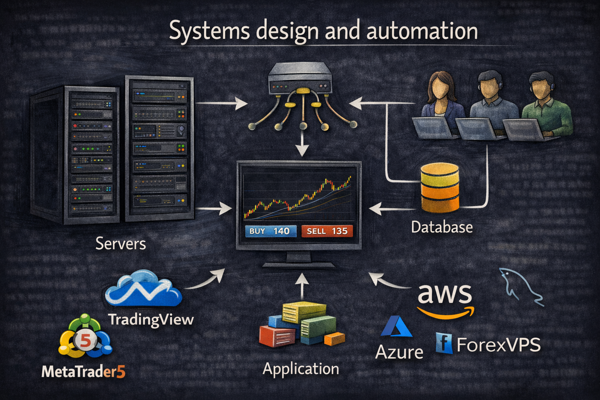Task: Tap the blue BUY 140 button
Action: (270, 231)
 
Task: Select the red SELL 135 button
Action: (327, 231)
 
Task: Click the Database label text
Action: (442, 227)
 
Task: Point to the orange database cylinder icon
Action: (440, 187)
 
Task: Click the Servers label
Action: (120, 244)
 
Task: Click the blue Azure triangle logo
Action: (396, 327)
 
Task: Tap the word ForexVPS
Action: (498, 345)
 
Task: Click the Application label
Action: (301, 369)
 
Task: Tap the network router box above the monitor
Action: (300, 80)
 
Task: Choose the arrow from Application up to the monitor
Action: (302, 285)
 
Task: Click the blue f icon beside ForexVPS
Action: (444, 343)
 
